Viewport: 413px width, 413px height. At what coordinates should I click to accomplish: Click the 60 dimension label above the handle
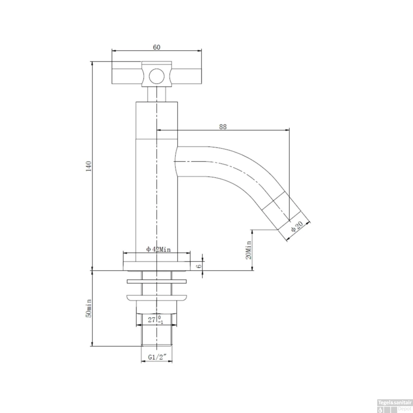[x=156, y=47]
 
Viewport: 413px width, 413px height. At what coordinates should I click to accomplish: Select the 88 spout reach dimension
[x=223, y=127]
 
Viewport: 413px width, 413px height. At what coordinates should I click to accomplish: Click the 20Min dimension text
[x=249, y=250]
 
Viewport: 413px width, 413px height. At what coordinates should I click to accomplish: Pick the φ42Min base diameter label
[x=158, y=249]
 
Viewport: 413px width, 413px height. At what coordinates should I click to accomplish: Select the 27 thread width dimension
[x=156, y=320]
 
